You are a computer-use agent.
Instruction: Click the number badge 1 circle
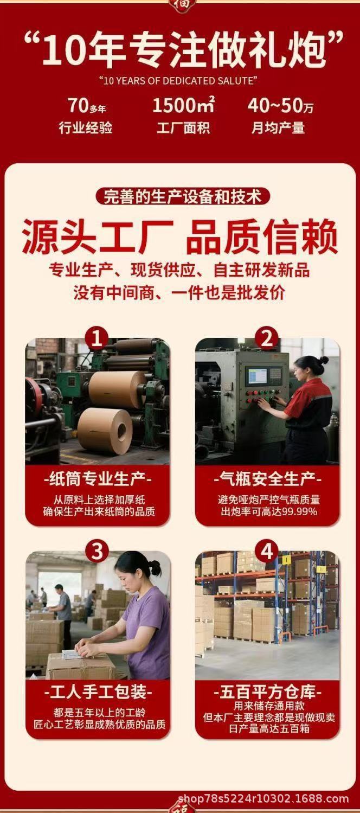[97, 338]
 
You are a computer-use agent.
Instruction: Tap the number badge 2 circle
[267, 338]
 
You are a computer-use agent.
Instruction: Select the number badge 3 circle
[97, 552]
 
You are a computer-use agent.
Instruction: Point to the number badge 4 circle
[267, 552]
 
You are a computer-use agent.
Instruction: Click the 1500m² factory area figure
[184, 105]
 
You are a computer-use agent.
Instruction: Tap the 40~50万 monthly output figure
[280, 106]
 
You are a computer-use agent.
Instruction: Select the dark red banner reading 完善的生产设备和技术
[183, 197]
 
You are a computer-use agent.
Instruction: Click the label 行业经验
[86, 127]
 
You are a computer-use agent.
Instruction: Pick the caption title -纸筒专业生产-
[98, 479]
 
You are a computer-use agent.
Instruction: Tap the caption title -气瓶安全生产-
[267, 479]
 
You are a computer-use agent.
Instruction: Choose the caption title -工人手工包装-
[98, 692]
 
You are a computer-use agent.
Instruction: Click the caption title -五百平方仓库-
[267, 692]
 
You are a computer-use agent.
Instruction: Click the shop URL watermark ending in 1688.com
[263, 798]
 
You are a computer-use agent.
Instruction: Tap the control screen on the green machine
[259, 376]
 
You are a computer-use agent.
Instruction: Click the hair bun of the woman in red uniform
[324, 360]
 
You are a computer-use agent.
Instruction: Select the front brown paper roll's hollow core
[122, 431]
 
